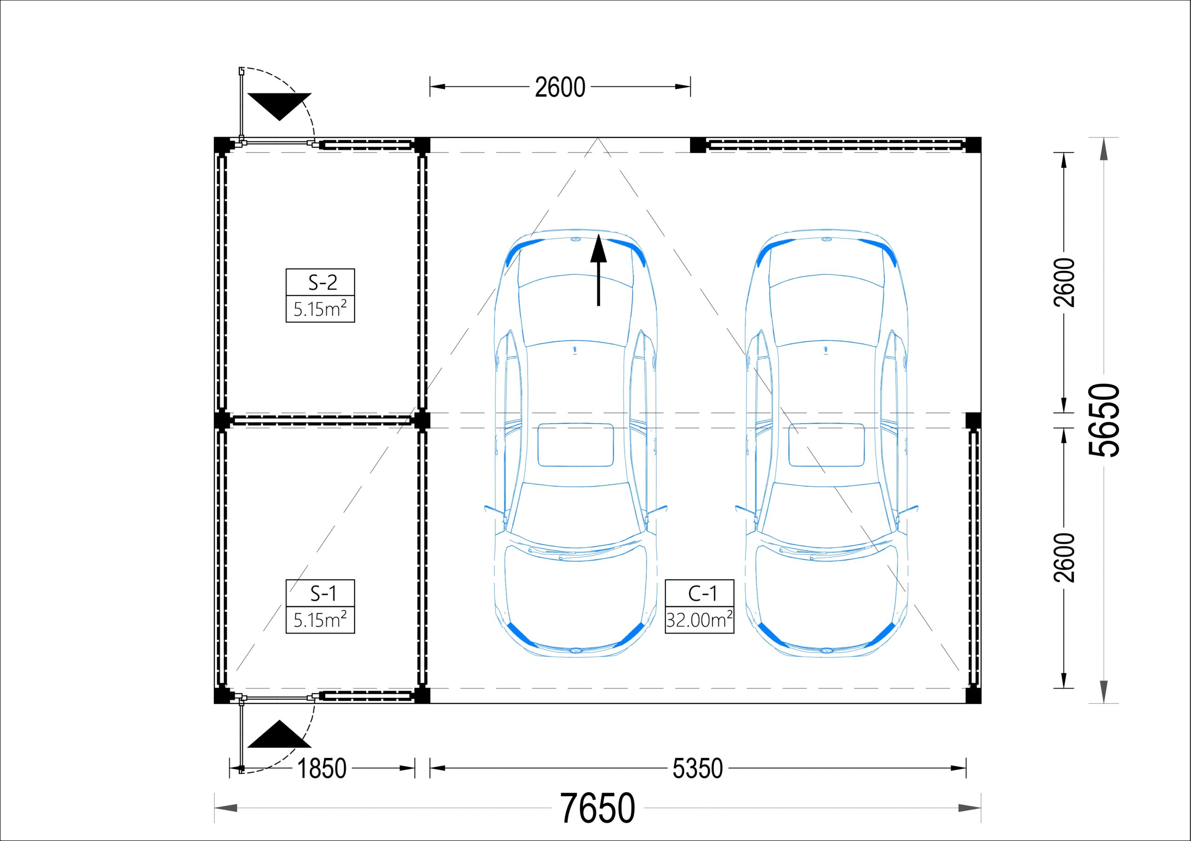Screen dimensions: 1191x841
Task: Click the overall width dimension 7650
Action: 597,808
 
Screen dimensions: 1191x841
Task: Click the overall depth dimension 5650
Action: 1104,420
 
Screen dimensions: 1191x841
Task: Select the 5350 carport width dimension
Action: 698,768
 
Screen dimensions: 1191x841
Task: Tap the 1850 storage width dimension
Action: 321,768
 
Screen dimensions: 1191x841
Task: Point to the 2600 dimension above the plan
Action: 560,87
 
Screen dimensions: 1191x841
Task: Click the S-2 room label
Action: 323,283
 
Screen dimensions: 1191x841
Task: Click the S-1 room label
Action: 323,593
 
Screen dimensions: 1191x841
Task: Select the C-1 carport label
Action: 702,593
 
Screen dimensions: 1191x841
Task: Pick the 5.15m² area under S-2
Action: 320,309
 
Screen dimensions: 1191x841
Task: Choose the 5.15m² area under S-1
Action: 320,620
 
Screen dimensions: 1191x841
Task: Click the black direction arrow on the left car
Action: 599,270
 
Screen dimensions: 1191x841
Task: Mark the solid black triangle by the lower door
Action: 280,734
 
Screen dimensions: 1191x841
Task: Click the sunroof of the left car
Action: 576,445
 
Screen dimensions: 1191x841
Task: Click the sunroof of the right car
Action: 826,445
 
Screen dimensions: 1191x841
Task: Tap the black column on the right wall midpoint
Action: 973,420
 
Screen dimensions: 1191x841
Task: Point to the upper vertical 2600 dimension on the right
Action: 1064,283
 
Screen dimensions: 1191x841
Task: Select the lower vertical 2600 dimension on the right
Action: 1064,558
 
